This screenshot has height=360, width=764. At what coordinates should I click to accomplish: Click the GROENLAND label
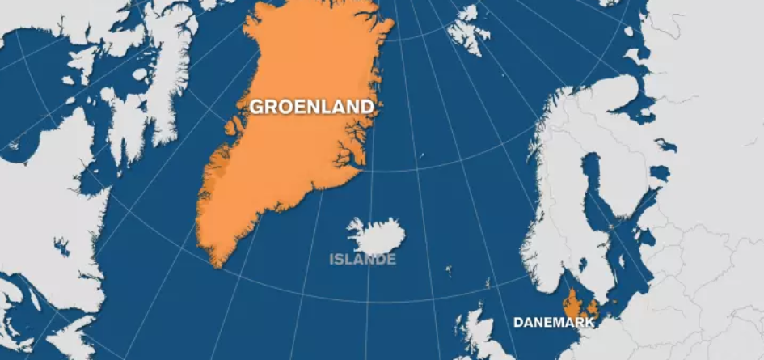click(311, 107)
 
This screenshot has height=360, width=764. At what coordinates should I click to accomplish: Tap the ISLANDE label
click(363, 260)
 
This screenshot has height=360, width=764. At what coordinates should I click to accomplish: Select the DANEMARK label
click(554, 322)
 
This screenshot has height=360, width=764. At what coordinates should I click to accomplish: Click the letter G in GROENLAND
click(256, 107)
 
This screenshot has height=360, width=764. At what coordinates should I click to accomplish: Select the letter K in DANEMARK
click(589, 322)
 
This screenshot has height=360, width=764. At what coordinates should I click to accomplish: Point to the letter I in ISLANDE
click(332, 260)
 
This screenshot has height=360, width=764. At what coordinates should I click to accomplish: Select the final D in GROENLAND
click(367, 107)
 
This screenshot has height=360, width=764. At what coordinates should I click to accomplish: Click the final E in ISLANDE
click(391, 260)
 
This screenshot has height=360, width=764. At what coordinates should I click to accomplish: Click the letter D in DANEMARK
click(518, 322)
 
